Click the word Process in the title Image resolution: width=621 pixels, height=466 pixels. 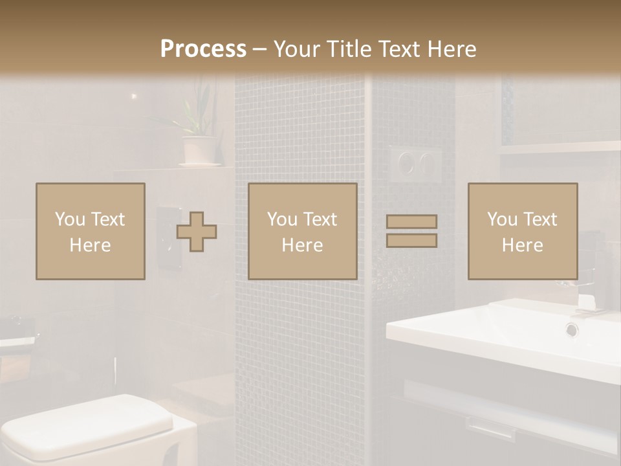[x=203, y=49]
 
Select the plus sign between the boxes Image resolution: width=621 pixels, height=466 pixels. [x=197, y=232]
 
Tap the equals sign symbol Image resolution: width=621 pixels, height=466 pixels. [x=411, y=231]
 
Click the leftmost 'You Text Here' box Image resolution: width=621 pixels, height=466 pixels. [x=90, y=231]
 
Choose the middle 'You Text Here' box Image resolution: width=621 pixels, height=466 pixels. [x=302, y=231]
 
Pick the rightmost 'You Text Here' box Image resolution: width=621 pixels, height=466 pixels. [x=522, y=231]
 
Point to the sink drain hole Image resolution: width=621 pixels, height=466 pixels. [x=572, y=329]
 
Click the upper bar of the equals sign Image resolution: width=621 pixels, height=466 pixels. [x=411, y=222]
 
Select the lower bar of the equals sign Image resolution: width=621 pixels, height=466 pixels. [x=411, y=240]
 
